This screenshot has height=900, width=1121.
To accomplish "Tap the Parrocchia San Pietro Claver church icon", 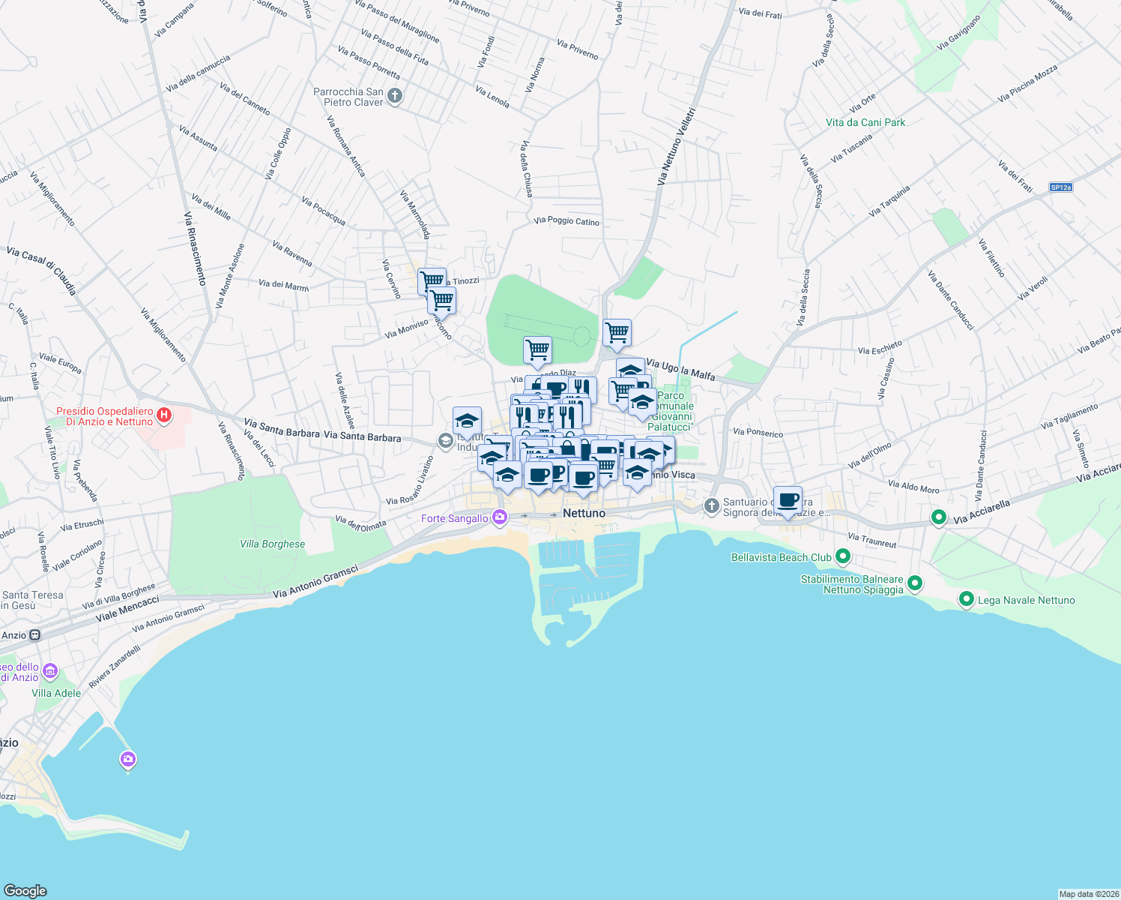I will (396, 96).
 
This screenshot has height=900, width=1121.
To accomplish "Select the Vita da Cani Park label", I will (865, 122).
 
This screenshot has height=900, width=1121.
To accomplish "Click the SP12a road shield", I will (1060, 187).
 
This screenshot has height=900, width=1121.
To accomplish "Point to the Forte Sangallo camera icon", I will (500, 517).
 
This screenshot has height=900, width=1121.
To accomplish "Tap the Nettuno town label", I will (584, 513).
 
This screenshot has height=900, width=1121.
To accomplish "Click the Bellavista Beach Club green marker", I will (843, 556).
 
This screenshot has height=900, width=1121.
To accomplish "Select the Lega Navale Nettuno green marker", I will (967, 599).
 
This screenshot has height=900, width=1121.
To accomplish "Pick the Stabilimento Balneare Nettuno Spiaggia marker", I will (914, 583).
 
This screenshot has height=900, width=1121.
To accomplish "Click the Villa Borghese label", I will (273, 544).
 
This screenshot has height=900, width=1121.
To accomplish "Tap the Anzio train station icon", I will (34, 635).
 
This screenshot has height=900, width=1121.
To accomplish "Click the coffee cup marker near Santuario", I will (788, 499).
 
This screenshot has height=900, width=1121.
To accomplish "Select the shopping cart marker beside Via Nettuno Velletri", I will (617, 332).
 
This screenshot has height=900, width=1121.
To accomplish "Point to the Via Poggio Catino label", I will (566, 220).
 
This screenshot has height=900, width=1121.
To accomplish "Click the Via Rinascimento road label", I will (194, 248).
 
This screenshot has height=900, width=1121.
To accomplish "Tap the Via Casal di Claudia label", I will (41, 270).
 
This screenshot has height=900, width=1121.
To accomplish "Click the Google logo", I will (25, 890).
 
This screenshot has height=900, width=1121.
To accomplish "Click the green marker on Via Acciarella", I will (938, 517).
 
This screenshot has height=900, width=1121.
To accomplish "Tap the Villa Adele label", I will (56, 693).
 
